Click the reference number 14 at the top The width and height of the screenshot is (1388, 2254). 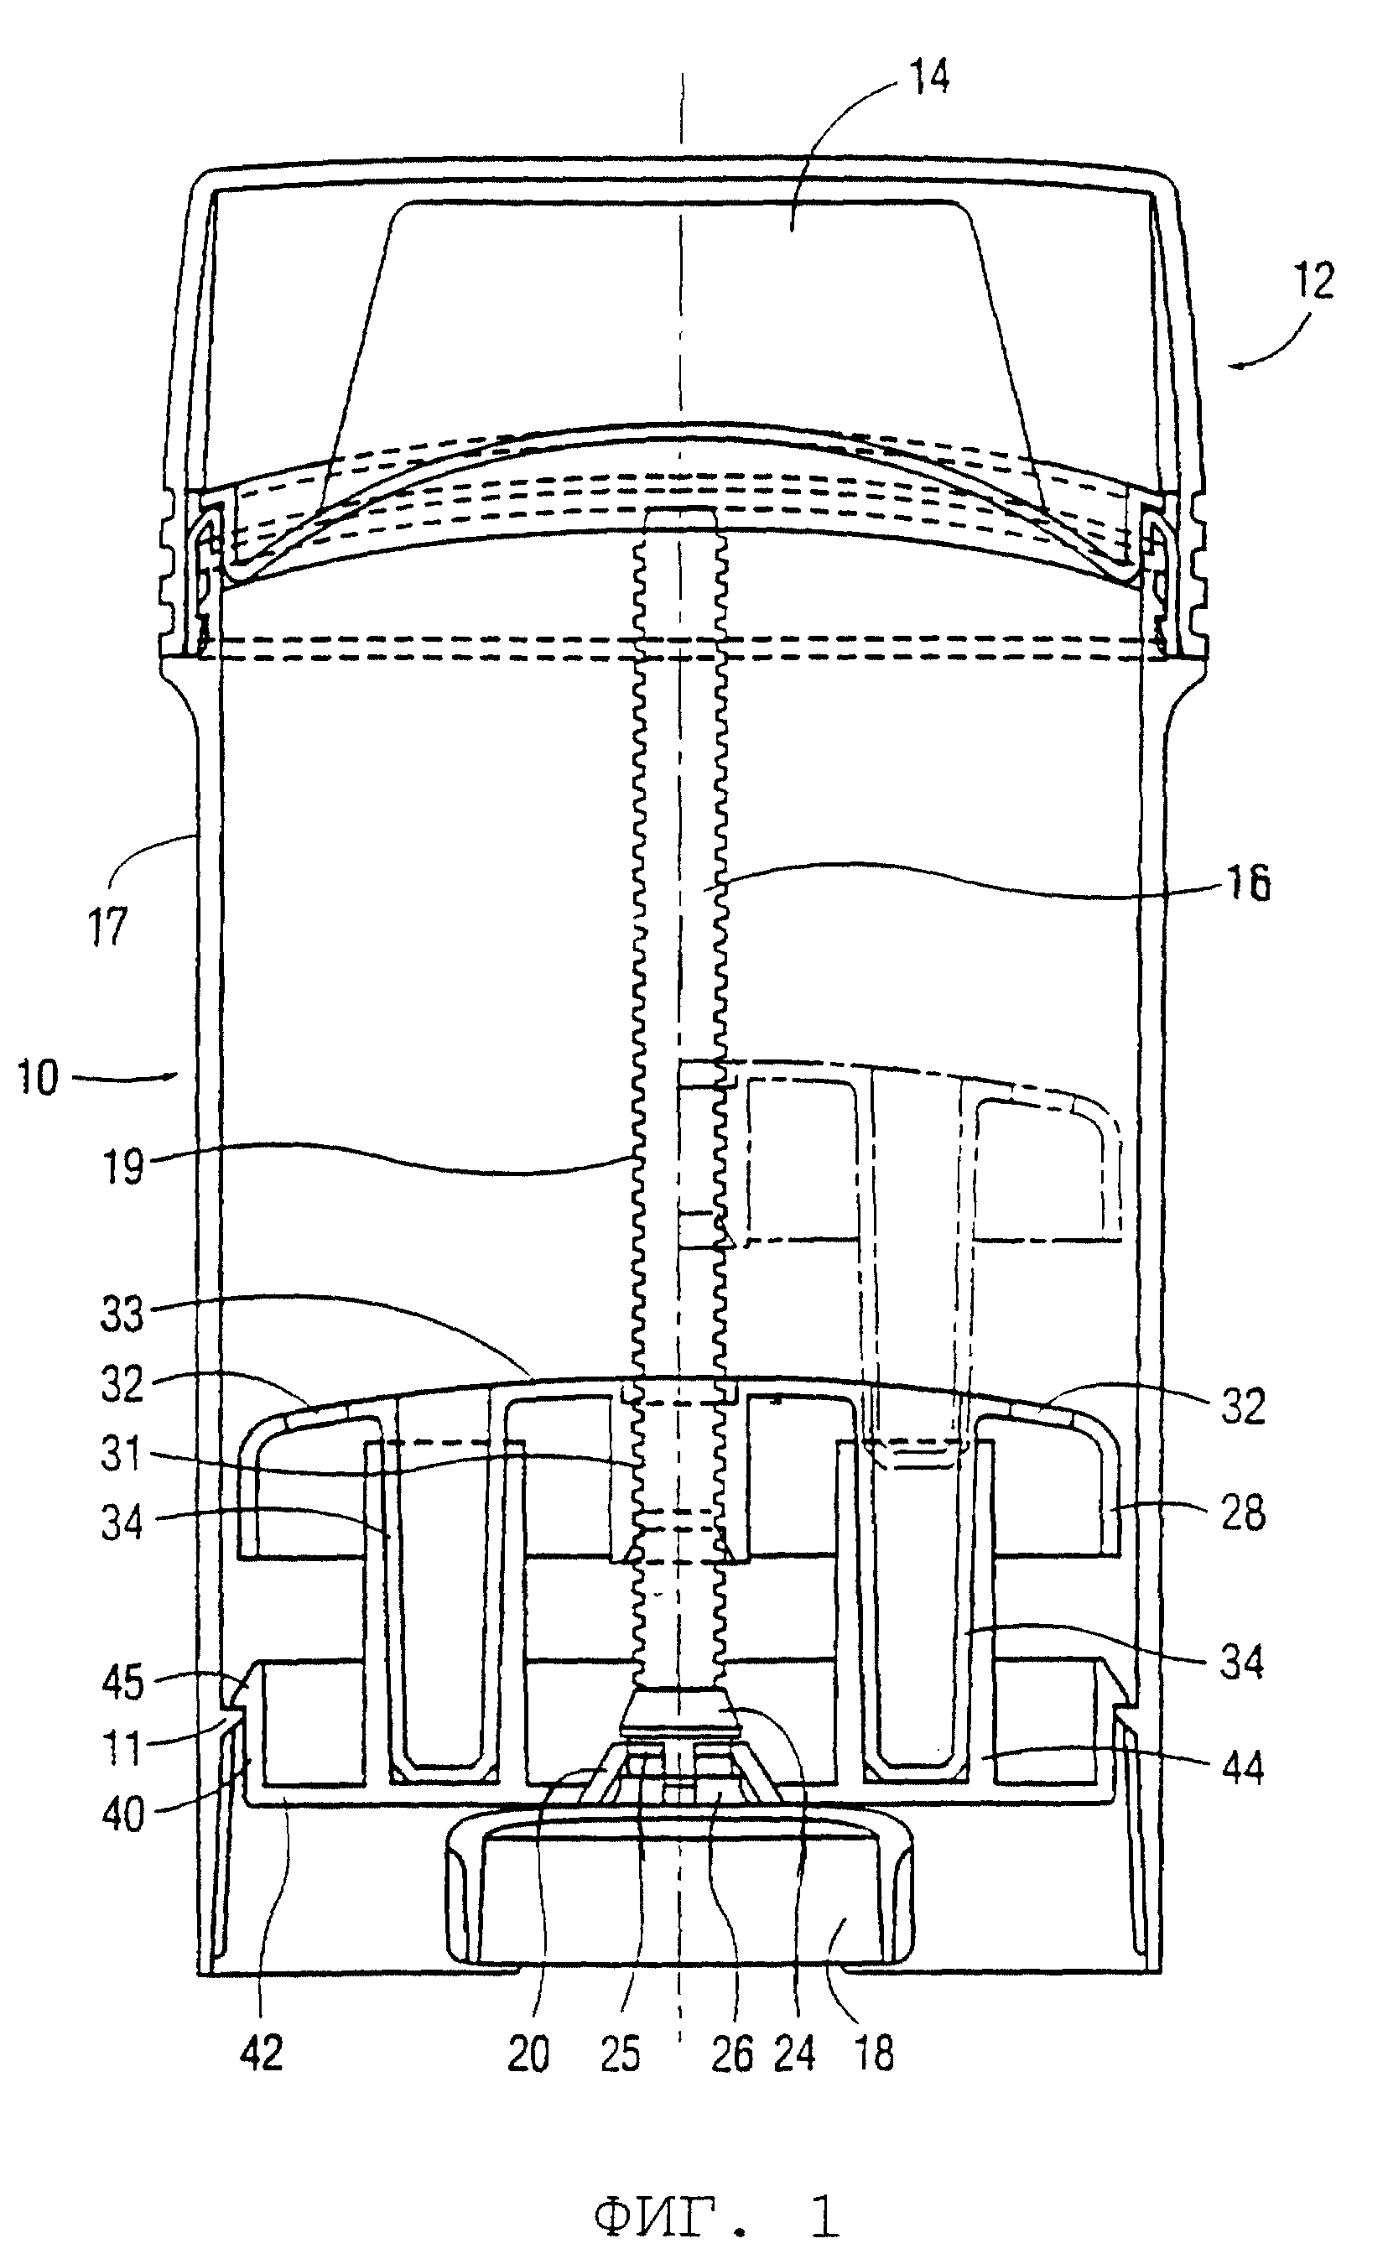[x=928, y=76]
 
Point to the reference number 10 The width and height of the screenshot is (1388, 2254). [x=38, y=1076]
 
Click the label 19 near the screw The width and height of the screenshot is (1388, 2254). [x=123, y=1167]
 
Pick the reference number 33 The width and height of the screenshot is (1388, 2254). [x=122, y=1314]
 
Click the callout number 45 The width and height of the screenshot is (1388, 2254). [x=122, y=1682]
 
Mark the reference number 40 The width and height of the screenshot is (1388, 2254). [x=122, y=1814]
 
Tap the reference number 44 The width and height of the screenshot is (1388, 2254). [x=1242, y=1767]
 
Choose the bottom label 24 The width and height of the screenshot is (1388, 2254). [x=794, y=2053]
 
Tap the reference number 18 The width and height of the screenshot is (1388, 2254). [x=873, y=2053]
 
